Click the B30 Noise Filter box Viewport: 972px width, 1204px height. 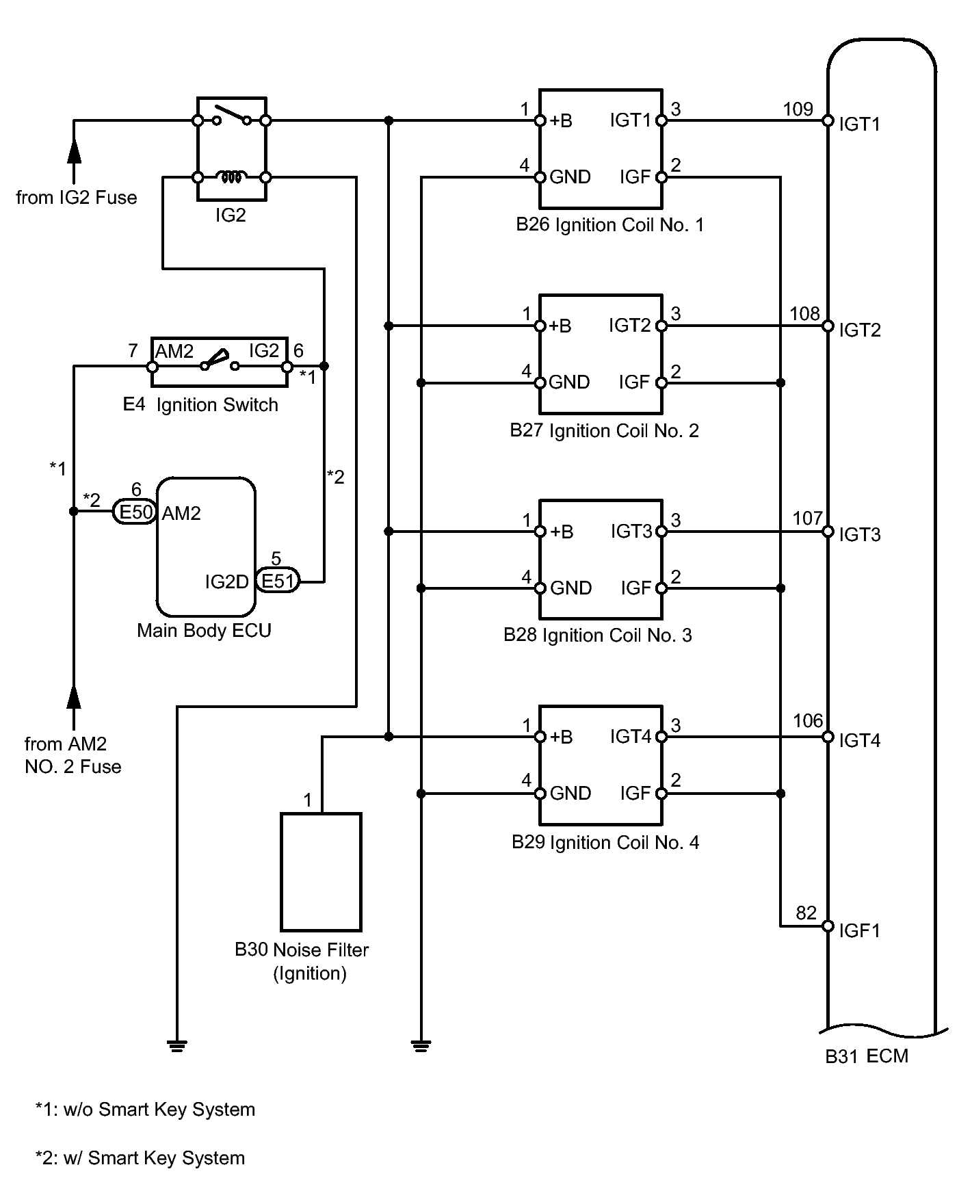click(x=321, y=872)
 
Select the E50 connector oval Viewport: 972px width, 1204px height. click(x=135, y=512)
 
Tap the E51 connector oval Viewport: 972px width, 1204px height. click(x=278, y=581)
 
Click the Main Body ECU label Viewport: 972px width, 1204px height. click(x=204, y=630)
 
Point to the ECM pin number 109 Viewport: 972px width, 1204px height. click(x=798, y=109)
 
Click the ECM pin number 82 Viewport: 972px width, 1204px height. click(x=806, y=913)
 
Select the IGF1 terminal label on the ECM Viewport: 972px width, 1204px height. click(x=859, y=930)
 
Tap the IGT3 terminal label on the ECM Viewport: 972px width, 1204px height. click(x=860, y=534)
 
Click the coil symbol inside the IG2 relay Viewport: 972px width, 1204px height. click(x=231, y=177)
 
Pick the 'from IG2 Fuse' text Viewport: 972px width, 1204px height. click(x=77, y=198)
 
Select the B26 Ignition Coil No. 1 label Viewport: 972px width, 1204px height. click(x=609, y=225)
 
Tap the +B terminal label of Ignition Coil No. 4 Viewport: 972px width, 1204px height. click(x=562, y=737)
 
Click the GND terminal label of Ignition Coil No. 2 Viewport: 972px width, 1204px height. click(x=569, y=382)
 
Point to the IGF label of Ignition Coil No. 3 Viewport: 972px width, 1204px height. click(x=636, y=588)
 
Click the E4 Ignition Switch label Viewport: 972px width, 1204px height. click(x=200, y=405)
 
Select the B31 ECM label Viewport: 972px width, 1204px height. click(x=867, y=1056)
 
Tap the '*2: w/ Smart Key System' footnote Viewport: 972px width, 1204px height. click(x=140, y=1158)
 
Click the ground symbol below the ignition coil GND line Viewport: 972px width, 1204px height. click(x=421, y=1046)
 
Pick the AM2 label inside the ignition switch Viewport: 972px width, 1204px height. click(x=174, y=352)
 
